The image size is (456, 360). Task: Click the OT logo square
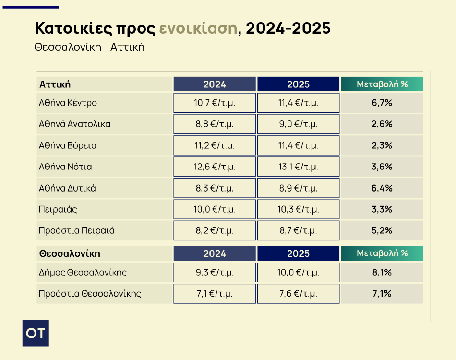tap(36, 333)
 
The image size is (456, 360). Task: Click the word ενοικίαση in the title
tap(198, 29)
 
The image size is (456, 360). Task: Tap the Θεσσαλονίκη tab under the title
tap(68, 47)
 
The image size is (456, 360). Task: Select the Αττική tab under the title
tap(127, 47)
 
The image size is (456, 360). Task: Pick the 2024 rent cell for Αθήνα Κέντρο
tap(214, 103)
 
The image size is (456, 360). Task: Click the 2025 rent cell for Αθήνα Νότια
tap(298, 167)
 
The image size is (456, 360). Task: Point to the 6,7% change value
tap(382, 103)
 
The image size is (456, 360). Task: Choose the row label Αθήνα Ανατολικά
tap(75, 124)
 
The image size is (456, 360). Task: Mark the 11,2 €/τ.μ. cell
tap(214, 145)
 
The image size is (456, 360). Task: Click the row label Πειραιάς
tap(58, 209)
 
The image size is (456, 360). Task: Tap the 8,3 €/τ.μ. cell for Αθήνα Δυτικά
tap(214, 188)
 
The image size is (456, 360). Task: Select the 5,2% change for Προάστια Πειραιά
tap(382, 230)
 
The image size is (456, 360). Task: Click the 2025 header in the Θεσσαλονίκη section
tap(298, 253)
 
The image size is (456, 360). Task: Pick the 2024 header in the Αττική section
tap(214, 84)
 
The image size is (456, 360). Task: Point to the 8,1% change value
tap(382, 273)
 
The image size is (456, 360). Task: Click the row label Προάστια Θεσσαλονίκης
tap(90, 294)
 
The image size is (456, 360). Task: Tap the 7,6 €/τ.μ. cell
tap(298, 294)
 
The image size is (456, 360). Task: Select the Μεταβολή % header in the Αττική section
tap(382, 84)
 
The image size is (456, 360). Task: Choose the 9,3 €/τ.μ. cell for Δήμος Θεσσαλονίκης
tap(214, 273)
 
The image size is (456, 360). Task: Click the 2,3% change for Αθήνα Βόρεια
tap(382, 145)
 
